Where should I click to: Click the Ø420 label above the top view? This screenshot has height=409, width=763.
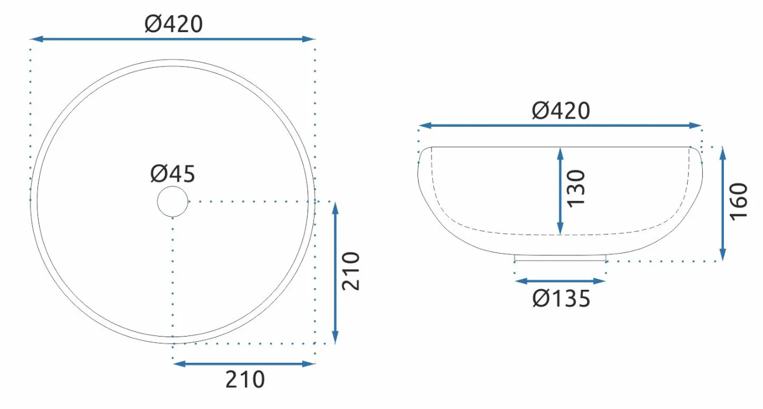pos(174,24)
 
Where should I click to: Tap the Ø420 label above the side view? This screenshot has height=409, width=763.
pos(561,110)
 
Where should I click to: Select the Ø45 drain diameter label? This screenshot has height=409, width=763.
pos(172,174)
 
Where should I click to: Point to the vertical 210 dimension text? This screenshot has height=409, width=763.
pos(351,271)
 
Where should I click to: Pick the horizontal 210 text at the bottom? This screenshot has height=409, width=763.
pos(245,379)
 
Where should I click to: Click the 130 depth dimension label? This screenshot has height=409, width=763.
pos(576,188)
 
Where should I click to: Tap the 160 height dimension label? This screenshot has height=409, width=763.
pos(738,202)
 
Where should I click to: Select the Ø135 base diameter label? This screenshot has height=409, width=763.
pos(561,299)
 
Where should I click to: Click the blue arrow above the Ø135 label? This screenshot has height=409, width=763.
pos(560,281)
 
